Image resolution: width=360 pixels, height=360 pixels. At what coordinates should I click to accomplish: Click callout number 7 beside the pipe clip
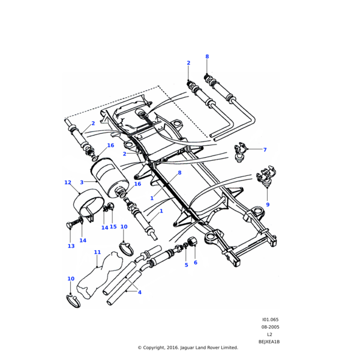[x=265, y=150]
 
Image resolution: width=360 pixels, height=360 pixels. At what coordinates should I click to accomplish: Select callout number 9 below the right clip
[x=268, y=205]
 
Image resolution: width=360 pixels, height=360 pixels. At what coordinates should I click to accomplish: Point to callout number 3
[x=82, y=182]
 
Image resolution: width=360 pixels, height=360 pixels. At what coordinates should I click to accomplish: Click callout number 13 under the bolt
[x=71, y=246]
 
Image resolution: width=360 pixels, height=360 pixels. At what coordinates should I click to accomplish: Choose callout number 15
[x=113, y=227]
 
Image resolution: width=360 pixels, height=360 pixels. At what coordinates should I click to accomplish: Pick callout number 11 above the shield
[x=97, y=253]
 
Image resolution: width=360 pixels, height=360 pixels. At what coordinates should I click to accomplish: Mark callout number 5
[x=186, y=265]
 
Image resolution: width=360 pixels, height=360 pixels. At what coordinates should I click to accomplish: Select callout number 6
[x=195, y=263]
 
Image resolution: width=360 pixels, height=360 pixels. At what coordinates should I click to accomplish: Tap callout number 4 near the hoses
[x=140, y=292]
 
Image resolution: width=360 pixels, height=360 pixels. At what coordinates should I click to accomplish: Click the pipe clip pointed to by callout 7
[x=241, y=151]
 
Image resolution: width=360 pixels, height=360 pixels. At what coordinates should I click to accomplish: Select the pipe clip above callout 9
[x=264, y=178]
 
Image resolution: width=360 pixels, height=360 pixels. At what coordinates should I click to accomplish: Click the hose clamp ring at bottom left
[x=73, y=301]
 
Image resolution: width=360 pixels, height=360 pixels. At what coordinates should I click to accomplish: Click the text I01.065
[x=270, y=320]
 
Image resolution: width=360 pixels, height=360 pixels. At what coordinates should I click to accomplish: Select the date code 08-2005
[x=270, y=327]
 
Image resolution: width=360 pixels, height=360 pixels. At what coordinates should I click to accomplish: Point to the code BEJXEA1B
[x=269, y=341]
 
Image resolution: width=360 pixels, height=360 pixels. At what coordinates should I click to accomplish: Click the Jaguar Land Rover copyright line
[x=188, y=347]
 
